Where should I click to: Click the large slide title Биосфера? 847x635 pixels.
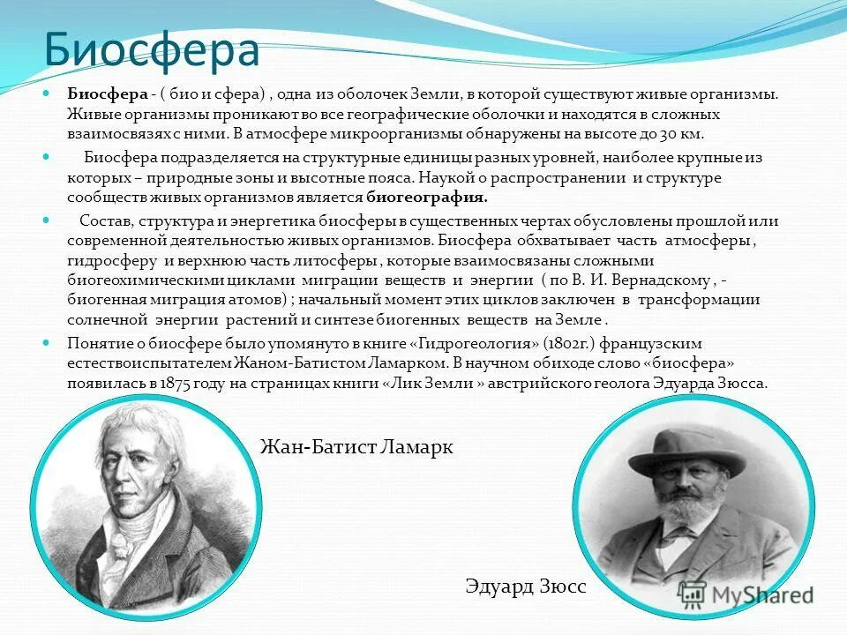coord(152,50)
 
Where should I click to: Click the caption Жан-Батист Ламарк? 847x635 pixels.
coord(356,447)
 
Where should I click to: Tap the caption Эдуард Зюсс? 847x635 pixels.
coord(525,586)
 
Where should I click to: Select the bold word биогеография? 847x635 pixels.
coord(427,198)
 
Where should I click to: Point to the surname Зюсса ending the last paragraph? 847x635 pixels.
coord(746,383)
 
